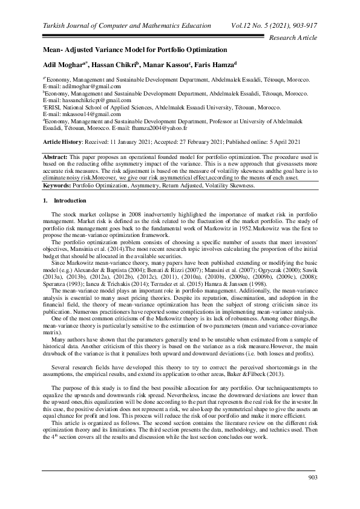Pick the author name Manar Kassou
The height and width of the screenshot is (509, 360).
tap(176, 63)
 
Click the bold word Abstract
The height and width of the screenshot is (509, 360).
tap(58, 156)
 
